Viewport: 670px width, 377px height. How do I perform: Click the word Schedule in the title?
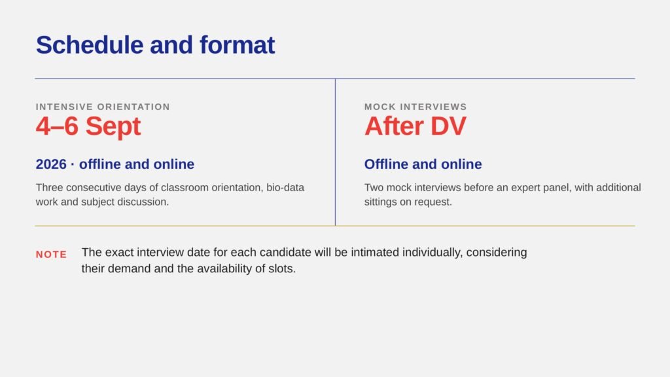point(89,45)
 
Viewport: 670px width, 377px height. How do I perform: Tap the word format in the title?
point(237,45)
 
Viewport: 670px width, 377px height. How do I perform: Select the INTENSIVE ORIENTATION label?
point(103,107)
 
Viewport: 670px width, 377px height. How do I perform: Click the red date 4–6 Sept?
point(88,126)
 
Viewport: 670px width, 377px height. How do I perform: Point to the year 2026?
point(51,164)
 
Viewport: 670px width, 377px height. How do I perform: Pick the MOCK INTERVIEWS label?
point(415,107)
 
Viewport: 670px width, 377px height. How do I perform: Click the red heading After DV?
point(415,126)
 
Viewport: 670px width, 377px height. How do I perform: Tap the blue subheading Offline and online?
point(423,164)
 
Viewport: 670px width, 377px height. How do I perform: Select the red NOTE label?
point(51,255)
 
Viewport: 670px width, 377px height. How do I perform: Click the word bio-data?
point(285,188)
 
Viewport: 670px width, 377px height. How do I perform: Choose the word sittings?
point(381,202)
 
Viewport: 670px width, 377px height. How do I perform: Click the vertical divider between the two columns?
point(336,152)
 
